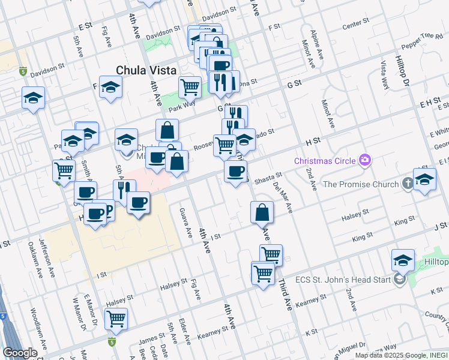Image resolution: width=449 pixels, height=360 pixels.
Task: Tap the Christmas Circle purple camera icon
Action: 364,160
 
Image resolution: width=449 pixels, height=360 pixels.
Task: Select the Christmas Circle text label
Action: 325,161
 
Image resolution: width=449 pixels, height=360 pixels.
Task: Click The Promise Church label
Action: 360,184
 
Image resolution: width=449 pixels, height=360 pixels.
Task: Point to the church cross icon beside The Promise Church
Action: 408,184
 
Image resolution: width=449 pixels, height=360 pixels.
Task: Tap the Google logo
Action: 20,353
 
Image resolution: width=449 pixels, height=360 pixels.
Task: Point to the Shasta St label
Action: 268,178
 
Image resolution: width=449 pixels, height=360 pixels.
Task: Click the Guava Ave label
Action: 185,222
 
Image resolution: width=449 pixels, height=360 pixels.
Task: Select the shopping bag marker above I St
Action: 262,212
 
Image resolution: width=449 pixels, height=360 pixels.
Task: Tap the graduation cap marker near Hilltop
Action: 403,260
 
